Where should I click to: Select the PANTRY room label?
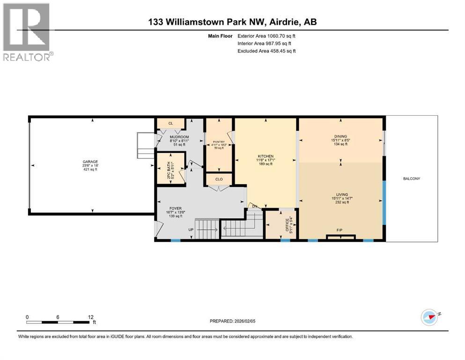219,142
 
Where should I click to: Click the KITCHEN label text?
265,157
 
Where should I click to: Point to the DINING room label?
340,136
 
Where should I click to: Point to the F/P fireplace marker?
340,230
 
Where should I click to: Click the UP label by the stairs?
191,230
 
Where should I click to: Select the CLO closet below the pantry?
219,179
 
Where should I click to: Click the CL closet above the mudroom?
170,123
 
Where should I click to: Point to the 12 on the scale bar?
90,317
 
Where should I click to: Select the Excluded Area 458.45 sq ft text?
266,51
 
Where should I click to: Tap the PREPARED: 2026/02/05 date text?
232,321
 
